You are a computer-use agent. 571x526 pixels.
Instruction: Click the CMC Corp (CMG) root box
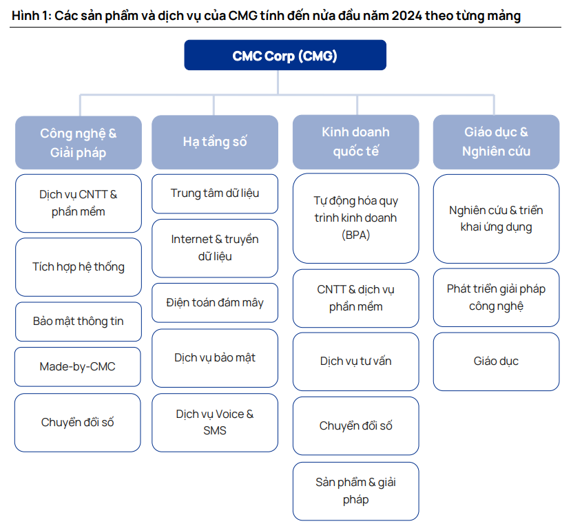pyautogui.click(x=285, y=55)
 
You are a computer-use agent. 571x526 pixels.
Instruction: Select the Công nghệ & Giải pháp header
pyautogui.click(x=79, y=143)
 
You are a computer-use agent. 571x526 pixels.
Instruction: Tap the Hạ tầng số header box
pyautogui.click(x=215, y=143)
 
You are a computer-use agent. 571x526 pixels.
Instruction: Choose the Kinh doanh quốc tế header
pyautogui.click(x=356, y=142)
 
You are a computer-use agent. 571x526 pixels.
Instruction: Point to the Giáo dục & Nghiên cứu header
pyautogui.click(x=497, y=142)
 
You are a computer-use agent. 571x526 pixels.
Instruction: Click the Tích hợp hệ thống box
pyautogui.click(x=79, y=267)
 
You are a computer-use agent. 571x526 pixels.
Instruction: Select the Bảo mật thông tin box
pyautogui.click(x=79, y=322)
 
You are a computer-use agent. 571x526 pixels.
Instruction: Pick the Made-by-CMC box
pyautogui.click(x=78, y=366)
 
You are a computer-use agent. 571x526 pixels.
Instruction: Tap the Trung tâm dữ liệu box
pyautogui.click(x=215, y=193)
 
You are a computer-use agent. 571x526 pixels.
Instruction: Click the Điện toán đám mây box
pyautogui.click(x=215, y=303)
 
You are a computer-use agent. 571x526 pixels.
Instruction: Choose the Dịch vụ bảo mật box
pyautogui.click(x=215, y=358)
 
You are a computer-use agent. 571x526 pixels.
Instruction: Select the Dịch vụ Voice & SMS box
pyautogui.click(x=215, y=423)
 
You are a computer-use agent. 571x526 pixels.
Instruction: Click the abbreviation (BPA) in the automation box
pyautogui.click(x=356, y=235)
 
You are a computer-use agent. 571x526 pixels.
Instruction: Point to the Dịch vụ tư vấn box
pyautogui.click(x=356, y=361)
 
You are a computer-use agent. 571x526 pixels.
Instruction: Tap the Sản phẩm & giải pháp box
pyautogui.click(x=356, y=491)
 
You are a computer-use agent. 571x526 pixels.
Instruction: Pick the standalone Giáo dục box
pyautogui.click(x=497, y=361)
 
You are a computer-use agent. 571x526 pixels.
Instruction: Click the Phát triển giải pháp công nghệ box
pyautogui.click(x=497, y=297)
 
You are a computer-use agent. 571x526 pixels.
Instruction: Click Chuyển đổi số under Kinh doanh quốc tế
pyautogui.click(x=356, y=426)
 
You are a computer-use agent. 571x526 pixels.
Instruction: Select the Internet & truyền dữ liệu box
pyautogui.click(x=215, y=249)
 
